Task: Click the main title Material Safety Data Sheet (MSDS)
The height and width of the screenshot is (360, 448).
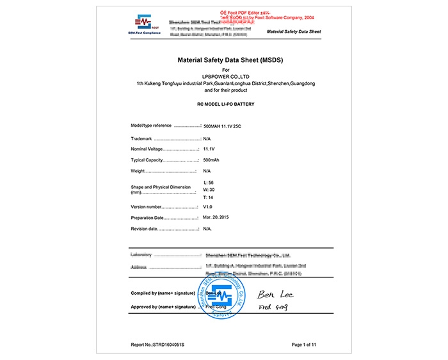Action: pos(225,60)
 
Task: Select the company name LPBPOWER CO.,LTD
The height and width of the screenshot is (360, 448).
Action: pos(225,76)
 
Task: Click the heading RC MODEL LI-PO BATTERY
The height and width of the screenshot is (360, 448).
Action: pos(225,103)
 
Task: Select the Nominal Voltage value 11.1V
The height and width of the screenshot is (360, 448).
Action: pos(209,149)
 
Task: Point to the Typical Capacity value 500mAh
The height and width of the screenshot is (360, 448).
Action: pos(212,160)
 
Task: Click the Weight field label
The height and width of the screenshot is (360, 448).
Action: pos(138,171)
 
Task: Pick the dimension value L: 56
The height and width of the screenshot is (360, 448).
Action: pos(209,183)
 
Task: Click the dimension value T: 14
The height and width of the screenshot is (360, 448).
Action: pos(208,197)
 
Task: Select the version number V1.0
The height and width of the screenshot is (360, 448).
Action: pos(207,207)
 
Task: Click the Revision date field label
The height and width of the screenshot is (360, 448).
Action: pos(144,229)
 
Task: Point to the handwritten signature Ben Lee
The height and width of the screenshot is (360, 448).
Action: pos(270,294)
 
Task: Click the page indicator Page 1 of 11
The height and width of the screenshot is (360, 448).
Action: pos(304,345)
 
